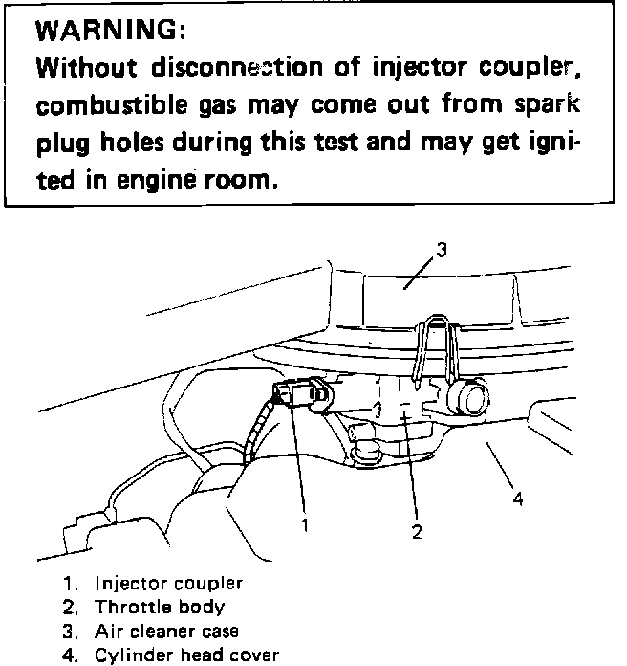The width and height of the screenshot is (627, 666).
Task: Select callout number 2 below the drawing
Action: (x=417, y=533)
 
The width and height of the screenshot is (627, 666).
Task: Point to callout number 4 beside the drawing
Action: (x=517, y=499)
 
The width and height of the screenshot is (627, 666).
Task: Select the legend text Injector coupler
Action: (x=168, y=583)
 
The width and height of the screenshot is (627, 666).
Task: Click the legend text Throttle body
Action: (x=160, y=607)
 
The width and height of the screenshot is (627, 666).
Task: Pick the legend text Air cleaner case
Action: (x=166, y=631)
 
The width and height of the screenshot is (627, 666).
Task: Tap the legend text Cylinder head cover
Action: (x=186, y=655)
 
